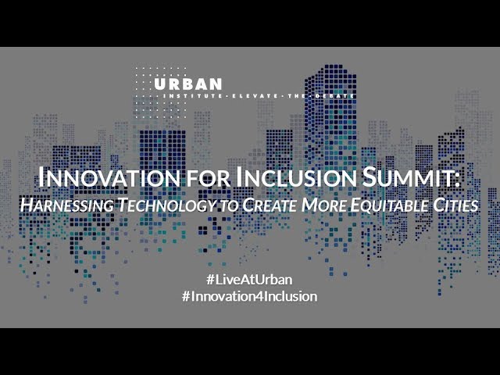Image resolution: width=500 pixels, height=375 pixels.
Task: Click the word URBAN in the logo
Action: (x=188, y=84)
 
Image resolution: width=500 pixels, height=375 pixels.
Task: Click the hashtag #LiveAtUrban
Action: (x=249, y=279)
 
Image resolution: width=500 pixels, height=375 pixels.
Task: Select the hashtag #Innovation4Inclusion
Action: (x=249, y=297)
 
